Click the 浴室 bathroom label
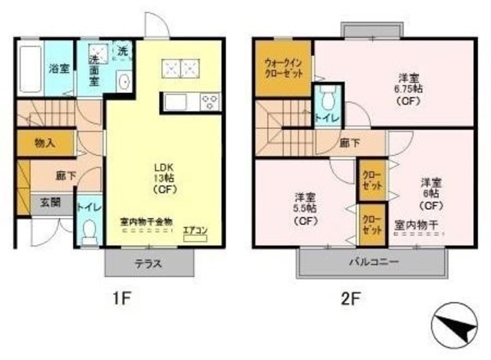pyautogui.click(x=59, y=69)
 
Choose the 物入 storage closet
pyautogui.click(x=44, y=143)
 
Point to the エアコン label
pyautogui.click(x=195, y=229)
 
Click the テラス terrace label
pyautogui.click(x=149, y=263)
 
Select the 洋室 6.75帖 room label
pyautogui.click(x=407, y=88)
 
